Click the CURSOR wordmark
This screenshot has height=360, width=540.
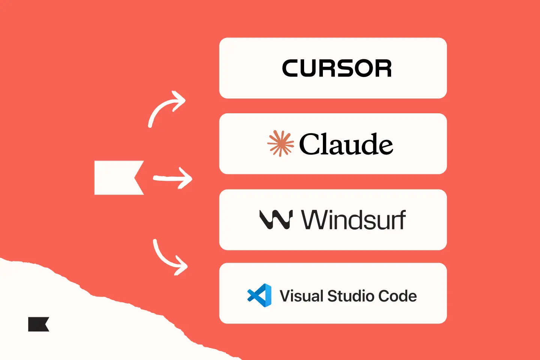tap(337, 68)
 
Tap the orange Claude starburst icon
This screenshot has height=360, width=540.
tap(280, 143)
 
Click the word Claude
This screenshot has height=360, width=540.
tap(346, 144)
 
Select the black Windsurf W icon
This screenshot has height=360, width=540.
tap(276, 219)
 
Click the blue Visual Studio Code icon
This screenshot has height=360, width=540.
tap(259, 295)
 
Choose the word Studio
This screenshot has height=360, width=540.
tap(351, 296)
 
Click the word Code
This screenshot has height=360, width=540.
tap(397, 296)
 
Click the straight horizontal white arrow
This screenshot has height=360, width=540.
tap(172, 178)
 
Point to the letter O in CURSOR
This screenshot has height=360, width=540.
tap(363, 68)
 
